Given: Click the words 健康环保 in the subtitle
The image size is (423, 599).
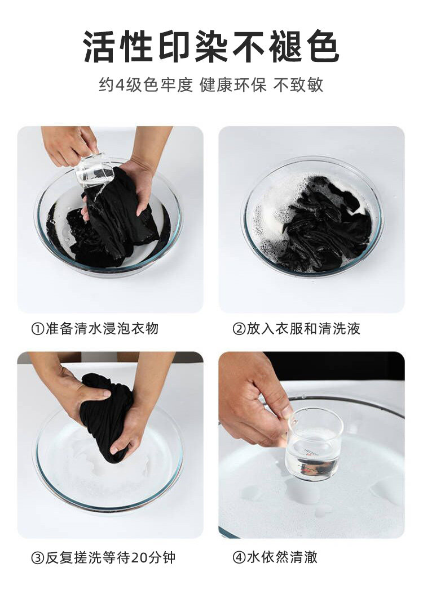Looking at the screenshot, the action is tap(233, 85).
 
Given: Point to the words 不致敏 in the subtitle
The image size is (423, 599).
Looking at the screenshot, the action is tap(298, 85).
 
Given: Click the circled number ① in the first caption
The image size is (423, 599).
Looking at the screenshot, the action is tap(38, 329).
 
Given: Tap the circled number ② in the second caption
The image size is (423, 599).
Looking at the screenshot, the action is tap(239, 329).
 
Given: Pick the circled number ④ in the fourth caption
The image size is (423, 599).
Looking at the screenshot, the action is tap(239, 558).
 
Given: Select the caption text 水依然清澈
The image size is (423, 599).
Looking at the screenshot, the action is tap(282, 558).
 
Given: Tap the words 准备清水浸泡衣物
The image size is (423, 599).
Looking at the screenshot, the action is tap(102, 329).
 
